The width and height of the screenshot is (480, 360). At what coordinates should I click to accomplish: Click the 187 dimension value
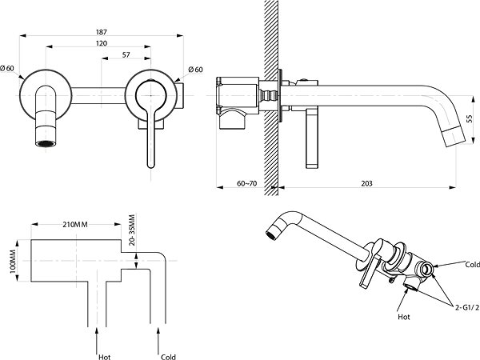(102, 32)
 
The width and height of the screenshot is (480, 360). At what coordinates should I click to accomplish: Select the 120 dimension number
(102, 43)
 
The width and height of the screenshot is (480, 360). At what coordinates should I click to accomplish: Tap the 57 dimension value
(126, 54)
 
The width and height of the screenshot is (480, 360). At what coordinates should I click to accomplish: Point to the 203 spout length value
(366, 183)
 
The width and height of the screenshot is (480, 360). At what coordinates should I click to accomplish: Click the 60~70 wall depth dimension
(246, 183)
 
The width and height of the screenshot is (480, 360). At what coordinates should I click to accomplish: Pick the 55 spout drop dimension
(470, 118)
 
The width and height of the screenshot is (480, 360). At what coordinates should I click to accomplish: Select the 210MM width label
(75, 224)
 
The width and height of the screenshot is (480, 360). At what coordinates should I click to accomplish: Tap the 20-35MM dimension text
(132, 230)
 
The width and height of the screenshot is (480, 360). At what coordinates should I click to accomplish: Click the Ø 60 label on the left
(7, 68)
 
